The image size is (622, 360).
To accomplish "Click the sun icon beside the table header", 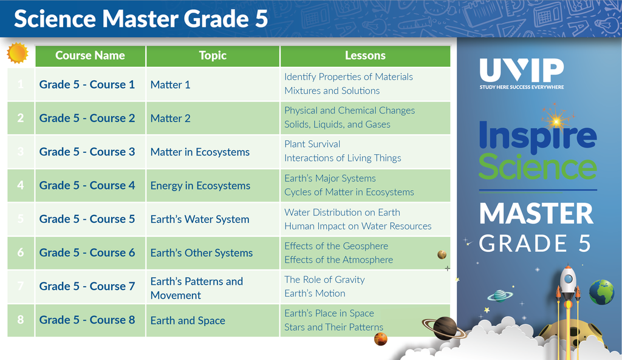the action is click(x=18, y=53).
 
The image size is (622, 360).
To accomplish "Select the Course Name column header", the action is click(x=90, y=56).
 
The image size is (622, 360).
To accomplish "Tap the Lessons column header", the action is click(x=365, y=56).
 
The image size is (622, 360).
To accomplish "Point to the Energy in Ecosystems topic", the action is click(x=200, y=186).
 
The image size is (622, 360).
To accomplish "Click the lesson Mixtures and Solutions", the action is click(x=332, y=91).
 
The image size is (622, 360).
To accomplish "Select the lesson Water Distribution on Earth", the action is click(x=343, y=212).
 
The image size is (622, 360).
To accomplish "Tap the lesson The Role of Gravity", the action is click(x=324, y=279).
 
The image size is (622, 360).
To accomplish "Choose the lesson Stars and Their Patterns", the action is click(x=333, y=327).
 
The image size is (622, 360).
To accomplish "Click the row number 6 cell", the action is click(x=21, y=253).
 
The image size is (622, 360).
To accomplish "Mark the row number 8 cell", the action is click(x=21, y=320).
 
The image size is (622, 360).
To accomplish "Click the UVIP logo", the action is click(x=522, y=73).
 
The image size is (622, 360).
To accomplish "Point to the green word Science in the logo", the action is click(x=538, y=167).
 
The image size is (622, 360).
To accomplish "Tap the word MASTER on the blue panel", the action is click(x=536, y=214).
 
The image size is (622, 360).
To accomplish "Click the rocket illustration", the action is click(x=568, y=293).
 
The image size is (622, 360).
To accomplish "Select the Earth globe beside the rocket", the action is click(x=601, y=292).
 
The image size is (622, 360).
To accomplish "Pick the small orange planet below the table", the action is click(x=380, y=339).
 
